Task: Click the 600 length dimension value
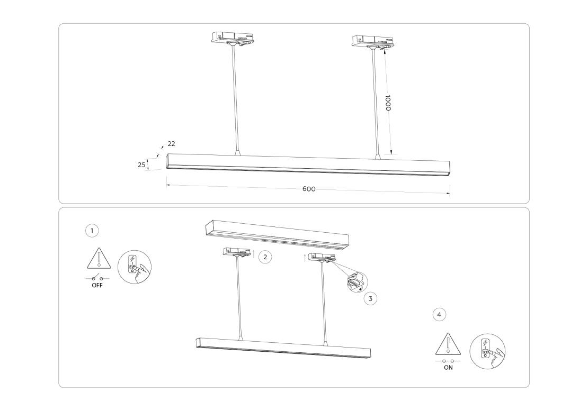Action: (309, 189)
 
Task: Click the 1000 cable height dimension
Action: (388, 103)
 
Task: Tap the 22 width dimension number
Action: (172, 144)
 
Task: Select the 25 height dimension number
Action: (141, 165)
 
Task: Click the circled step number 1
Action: (92, 231)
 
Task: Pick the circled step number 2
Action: (265, 257)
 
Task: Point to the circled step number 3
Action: (370, 299)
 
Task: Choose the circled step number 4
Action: (439, 314)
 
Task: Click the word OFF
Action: (97, 285)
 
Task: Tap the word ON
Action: (448, 368)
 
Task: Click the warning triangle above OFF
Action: (99, 258)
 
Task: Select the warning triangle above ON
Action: (448, 344)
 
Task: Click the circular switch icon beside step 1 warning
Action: (135, 267)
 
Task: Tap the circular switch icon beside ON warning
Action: (487, 352)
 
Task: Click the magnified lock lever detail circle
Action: (356, 282)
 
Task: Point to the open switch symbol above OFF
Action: (97, 278)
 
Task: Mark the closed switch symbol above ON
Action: (448, 361)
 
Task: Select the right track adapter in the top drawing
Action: (373, 41)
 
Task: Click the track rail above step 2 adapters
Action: (278, 235)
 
